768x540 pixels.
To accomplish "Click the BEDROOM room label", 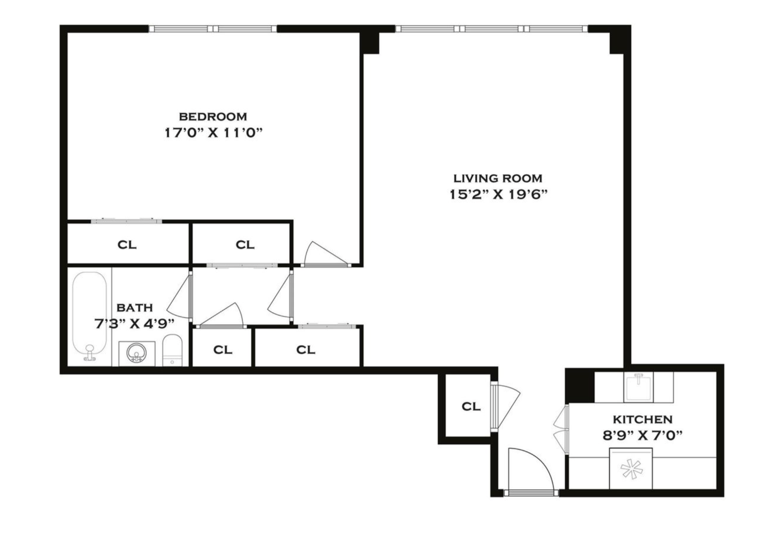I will [x=213, y=116].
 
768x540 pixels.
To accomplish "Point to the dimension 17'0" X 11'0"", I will [x=213, y=133].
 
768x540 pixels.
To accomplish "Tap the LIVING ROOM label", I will [x=497, y=178].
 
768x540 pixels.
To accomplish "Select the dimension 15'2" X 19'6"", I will [x=498, y=195].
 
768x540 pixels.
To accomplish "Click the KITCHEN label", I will [x=642, y=419].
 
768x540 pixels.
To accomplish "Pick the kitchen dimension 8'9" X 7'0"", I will [x=642, y=435].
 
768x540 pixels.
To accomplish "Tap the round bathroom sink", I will [x=137, y=352].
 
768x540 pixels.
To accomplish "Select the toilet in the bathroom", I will [x=172, y=350].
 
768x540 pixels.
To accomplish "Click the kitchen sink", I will [x=638, y=387].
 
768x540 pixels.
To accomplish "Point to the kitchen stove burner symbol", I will [x=631, y=469].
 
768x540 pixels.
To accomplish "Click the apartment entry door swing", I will [x=529, y=470].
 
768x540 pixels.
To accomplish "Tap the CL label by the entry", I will [x=471, y=406].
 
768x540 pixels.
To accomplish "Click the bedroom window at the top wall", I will [x=213, y=28].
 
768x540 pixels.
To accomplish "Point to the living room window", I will [x=491, y=28].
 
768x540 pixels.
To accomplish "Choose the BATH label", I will [x=135, y=307].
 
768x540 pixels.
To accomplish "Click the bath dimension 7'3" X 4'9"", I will [x=134, y=324].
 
